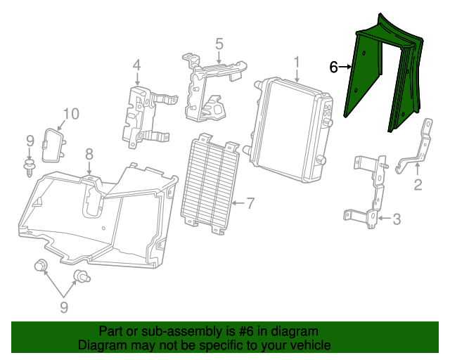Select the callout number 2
pyautogui.click(x=417, y=185)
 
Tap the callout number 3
pyautogui.click(x=397, y=219)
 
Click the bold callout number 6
pyautogui.click(x=334, y=67)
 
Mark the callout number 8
pyautogui.click(x=89, y=154)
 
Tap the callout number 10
pyautogui.click(x=72, y=114)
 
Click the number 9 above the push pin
pyautogui.click(x=30, y=141)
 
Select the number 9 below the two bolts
pyautogui.click(x=63, y=307)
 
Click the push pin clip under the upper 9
pyautogui.click(x=30, y=167)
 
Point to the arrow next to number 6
pyautogui.click(x=346, y=67)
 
